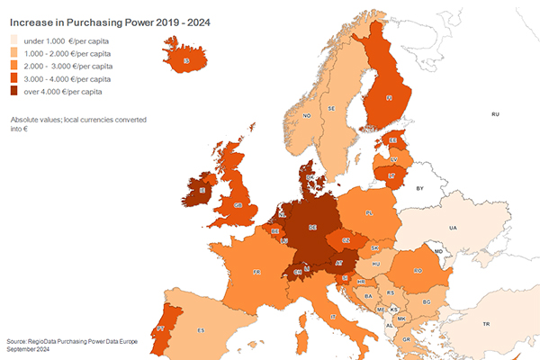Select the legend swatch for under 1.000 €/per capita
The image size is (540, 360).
click(x=15, y=41)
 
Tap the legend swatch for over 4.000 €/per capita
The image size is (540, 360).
click(x=15, y=90)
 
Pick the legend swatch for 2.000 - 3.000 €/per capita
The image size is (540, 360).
click(x=15, y=66)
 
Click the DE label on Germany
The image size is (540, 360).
click(x=311, y=228)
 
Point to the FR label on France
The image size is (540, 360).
click(x=256, y=270)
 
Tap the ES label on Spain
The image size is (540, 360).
click(x=201, y=330)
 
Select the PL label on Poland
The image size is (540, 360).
click(x=369, y=213)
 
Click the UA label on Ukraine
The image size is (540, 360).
click(x=454, y=228)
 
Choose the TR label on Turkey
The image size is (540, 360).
click(x=486, y=324)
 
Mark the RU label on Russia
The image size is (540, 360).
click(x=494, y=114)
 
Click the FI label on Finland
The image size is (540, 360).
click(x=389, y=96)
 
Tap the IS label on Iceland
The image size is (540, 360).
click(x=186, y=61)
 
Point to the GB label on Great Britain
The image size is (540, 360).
click(x=238, y=205)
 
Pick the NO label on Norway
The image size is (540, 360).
click(x=307, y=116)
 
